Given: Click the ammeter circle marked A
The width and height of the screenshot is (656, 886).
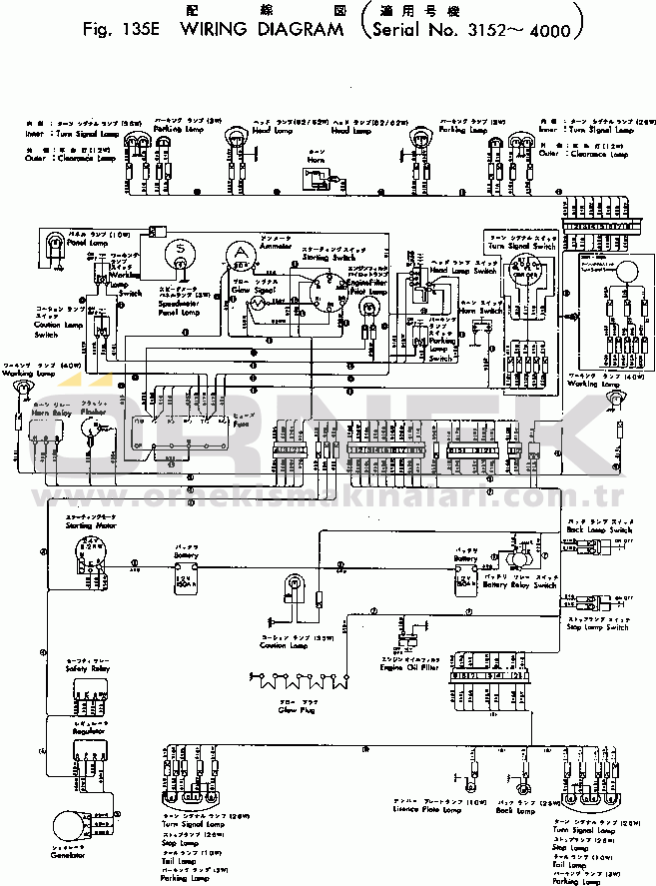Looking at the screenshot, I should click(x=240, y=254).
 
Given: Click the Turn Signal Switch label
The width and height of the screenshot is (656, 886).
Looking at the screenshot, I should click(x=521, y=246).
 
